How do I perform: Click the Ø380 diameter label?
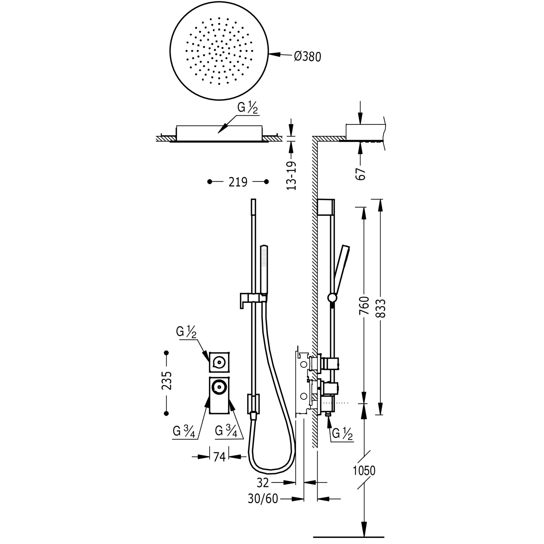[x=308, y=56]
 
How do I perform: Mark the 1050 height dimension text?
[x=364, y=471]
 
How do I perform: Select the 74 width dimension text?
[x=219, y=457]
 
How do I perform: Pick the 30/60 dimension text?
[x=263, y=499]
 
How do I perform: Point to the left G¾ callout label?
[x=185, y=431]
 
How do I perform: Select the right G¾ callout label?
[x=226, y=431]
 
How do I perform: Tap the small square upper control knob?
[x=219, y=362]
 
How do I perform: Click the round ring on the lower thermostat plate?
[x=219, y=387]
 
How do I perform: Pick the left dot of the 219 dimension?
[x=209, y=181]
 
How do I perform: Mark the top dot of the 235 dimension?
[x=166, y=353]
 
